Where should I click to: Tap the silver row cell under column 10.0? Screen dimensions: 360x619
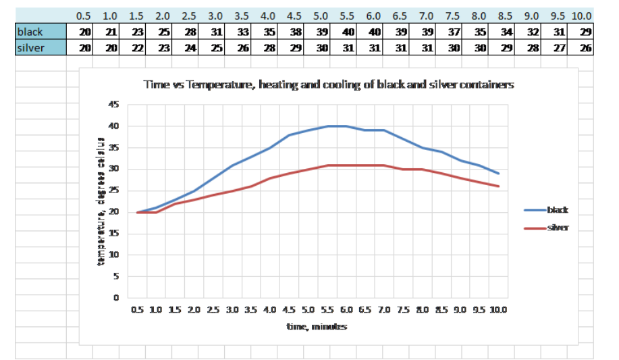(x=583, y=48)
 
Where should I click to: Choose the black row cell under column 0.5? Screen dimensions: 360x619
(x=84, y=32)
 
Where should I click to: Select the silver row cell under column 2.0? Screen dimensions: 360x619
(x=163, y=48)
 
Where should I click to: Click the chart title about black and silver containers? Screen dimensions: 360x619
(x=328, y=85)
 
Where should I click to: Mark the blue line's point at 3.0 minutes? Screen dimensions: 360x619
(x=232, y=165)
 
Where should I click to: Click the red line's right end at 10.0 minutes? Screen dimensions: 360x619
(x=499, y=186)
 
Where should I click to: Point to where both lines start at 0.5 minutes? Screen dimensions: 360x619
(x=138, y=212)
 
